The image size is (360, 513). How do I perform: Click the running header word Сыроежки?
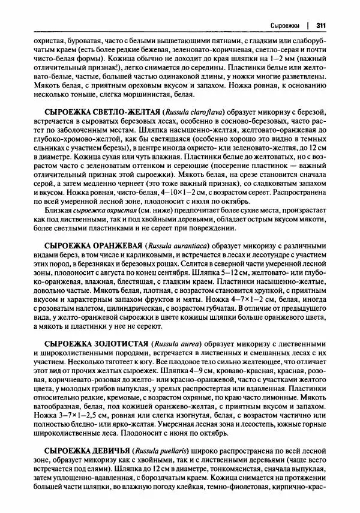point(285,25)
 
